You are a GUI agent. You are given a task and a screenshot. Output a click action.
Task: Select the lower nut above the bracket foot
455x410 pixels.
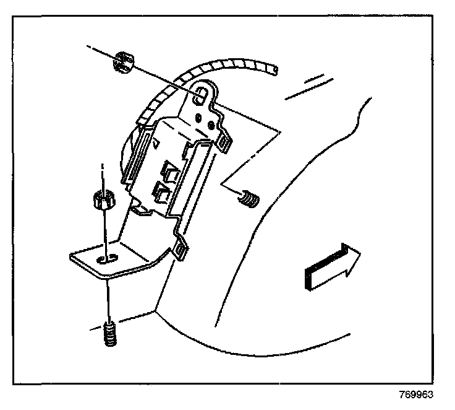pos(101,200)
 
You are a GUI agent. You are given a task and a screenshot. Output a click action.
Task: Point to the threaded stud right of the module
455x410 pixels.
pos(250,199)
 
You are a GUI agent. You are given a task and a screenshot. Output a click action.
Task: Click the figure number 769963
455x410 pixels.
pos(417,394)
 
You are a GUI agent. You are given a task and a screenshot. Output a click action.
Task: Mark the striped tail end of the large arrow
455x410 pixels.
pos(307,277)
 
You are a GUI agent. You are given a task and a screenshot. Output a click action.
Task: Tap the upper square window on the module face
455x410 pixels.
pos(169,169)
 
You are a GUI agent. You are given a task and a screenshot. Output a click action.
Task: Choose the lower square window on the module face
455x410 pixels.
pos(163,194)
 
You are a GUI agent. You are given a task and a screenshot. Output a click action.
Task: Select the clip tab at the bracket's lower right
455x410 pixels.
pos(182,249)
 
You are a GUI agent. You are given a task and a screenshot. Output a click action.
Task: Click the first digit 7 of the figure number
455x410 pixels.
pos(402,394)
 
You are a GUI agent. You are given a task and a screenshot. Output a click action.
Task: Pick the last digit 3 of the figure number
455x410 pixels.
pos(431,394)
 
